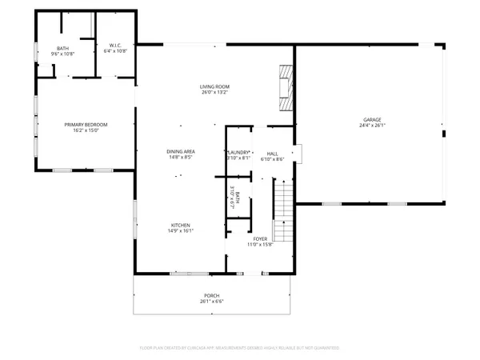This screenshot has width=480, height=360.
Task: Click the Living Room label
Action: [214, 86]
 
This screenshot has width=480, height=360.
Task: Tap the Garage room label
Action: [374, 120]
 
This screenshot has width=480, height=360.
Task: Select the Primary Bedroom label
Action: [86, 124]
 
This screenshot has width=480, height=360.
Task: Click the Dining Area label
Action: [181, 150]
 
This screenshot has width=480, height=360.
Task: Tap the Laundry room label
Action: [239, 152]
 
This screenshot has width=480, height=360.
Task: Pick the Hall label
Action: [273, 152]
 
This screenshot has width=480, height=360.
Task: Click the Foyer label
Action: [261, 238]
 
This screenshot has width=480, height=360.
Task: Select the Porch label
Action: [212, 296]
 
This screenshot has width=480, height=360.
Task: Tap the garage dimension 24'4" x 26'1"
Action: [374, 126]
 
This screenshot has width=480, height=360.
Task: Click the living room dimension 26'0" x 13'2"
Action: [214, 92]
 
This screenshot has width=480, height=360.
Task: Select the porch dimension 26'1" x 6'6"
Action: [212, 302]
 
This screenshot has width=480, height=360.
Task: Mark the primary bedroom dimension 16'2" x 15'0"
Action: [86, 130]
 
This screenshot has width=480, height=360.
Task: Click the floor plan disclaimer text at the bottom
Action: [240, 348]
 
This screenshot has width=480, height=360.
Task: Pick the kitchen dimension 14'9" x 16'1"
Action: [181, 231]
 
